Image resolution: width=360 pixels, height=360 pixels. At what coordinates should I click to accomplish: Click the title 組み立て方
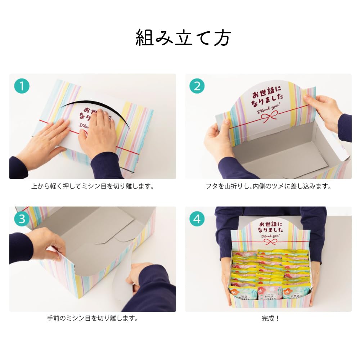click(x=183, y=38)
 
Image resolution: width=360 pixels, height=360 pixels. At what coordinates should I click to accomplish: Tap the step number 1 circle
click(x=22, y=86)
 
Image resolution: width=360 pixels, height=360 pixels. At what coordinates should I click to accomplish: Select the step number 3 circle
click(x=22, y=219)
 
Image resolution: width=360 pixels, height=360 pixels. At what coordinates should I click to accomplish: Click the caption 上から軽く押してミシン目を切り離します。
click(x=93, y=186)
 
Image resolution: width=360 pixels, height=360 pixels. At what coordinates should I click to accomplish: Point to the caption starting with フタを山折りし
click(x=268, y=186)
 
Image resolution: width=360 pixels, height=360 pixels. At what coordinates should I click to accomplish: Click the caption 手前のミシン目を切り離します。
click(x=93, y=319)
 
